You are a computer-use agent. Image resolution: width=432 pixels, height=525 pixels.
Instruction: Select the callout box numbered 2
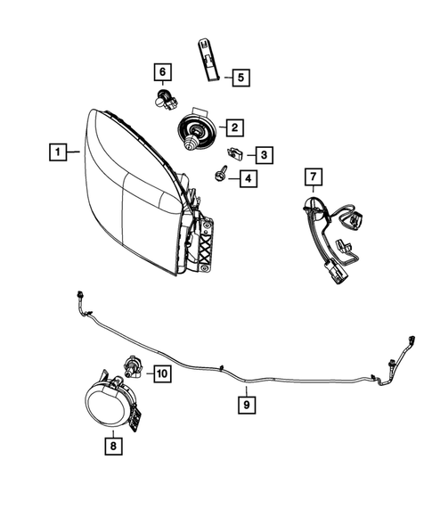tap(235, 127)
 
